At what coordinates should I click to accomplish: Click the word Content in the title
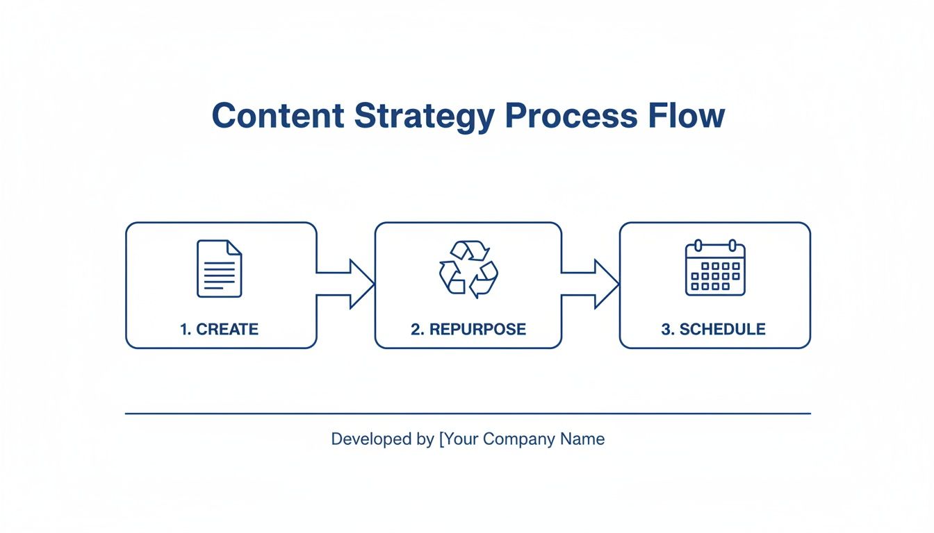(278, 116)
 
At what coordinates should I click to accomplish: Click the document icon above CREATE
(220, 269)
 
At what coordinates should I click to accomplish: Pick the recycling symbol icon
(468, 269)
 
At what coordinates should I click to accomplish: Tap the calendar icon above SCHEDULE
(715, 268)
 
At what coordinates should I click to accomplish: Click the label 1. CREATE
(220, 329)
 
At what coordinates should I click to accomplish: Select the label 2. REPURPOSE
(468, 329)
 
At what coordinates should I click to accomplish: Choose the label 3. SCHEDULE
(714, 329)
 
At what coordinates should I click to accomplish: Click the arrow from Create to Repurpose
(347, 284)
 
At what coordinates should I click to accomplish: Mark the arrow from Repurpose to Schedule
(591, 284)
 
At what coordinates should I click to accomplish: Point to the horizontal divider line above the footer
(468, 414)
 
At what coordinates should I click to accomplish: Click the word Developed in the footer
(363, 439)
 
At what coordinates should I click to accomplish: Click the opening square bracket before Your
(441, 439)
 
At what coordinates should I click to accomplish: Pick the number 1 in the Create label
(184, 329)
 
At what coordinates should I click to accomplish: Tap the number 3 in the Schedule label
(666, 329)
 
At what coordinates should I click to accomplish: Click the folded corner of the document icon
(235, 247)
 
